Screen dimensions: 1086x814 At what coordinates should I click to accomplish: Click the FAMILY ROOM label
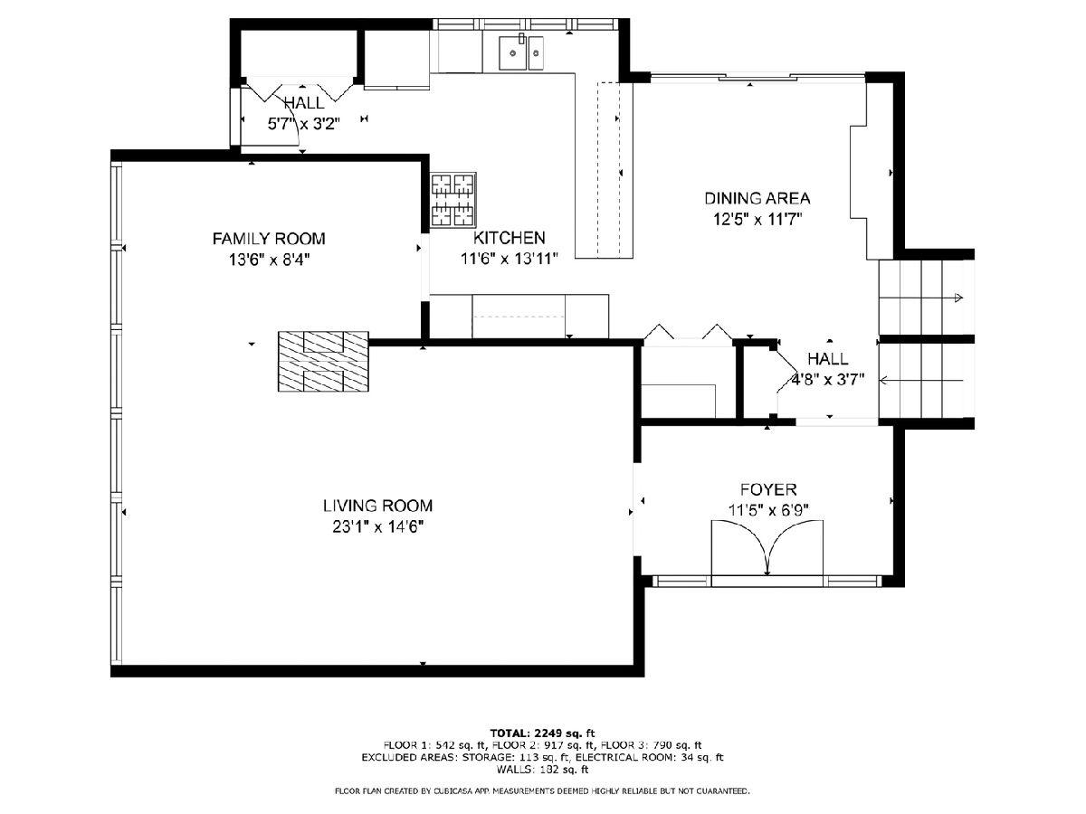click(x=269, y=239)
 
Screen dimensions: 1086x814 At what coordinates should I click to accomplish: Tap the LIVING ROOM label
click(x=377, y=506)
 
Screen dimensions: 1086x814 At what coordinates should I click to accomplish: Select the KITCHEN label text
click(x=510, y=238)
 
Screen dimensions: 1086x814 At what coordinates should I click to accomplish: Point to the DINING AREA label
click(x=757, y=198)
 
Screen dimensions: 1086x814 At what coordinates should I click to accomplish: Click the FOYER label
click(x=768, y=489)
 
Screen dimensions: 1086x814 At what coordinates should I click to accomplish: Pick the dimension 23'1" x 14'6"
click(x=378, y=527)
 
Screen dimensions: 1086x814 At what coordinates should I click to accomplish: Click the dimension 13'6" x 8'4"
click(x=269, y=260)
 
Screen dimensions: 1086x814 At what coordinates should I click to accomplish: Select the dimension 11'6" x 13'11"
click(x=510, y=259)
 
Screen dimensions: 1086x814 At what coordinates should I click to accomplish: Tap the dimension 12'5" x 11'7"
click(x=757, y=219)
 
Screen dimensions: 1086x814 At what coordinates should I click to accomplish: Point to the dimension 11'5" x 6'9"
click(x=768, y=510)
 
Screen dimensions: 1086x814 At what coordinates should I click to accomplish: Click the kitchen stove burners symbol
click(x=453, y=200)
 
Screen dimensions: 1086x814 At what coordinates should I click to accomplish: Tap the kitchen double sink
click(x=521, y=52)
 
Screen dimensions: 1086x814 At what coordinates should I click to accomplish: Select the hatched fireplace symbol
click(x=323, y=361)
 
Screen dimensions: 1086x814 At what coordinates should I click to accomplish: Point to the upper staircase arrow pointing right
click(x=920, y=298)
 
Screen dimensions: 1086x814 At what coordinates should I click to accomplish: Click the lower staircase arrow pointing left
click(x=920, y=381)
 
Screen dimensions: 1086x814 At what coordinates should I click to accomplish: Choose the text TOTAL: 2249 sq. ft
click(x=542, y=733)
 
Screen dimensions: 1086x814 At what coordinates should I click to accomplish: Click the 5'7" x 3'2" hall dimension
click(x=304, y=124)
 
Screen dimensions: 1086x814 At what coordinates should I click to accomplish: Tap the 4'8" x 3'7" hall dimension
click(x=828, y=380)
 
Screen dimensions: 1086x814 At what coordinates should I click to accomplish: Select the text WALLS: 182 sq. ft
click(x=542, y=769)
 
